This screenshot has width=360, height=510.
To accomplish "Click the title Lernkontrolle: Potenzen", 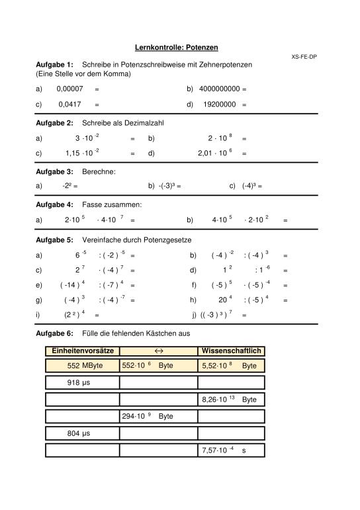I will tap(177, 48).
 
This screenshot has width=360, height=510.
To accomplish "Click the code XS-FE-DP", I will tap(304, 57).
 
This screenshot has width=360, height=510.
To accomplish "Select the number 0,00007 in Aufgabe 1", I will tap(69, 89).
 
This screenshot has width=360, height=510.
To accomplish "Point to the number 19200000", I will tap(220, 104).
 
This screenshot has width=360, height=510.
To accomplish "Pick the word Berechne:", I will tap(99, 171).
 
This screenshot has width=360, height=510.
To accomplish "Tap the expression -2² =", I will tap(70, 187).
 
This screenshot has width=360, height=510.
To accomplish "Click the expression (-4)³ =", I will tap(252, 187).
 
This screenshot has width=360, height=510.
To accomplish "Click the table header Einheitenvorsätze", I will tap(82, 351).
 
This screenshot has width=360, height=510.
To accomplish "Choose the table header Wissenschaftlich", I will tap(231, 351).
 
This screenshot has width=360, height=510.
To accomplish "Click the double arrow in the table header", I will tap(158, 351).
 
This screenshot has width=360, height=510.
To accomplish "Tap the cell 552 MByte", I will tap(82, 366).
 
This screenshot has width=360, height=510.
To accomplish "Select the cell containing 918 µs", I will tap(82, 382).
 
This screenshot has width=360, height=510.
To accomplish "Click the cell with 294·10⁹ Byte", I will tap(158, 417).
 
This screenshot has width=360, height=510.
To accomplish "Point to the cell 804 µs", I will tap(82, 433).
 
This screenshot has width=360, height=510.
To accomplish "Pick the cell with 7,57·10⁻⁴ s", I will tap(231, 450).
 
